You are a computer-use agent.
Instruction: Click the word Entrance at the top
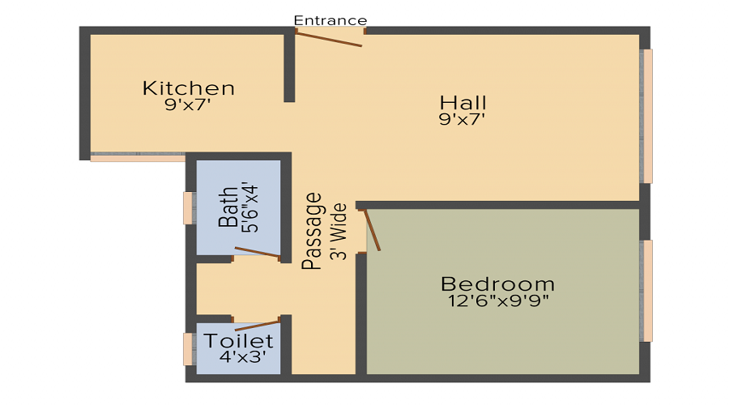tap(330, 20)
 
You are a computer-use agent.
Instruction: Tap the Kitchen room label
tap(189, 87)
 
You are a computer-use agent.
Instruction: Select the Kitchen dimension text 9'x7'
tap(188, 104)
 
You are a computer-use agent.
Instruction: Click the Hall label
tap(463, 103)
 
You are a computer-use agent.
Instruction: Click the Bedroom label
tap(497, 284)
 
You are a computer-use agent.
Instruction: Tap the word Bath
tap(229, 207)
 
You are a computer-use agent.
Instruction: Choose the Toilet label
tap(238, 341)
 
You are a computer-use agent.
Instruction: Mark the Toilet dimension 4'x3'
tap(242, 356)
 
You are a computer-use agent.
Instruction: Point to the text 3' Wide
tap(340, 231)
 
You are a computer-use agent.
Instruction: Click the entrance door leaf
tap(329, 38)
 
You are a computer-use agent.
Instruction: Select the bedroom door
tap(373, 230)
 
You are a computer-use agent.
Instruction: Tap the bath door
tap(258, 253)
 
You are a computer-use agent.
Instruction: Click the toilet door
tap(258, 325)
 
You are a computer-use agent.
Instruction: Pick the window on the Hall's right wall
tap(647, 116)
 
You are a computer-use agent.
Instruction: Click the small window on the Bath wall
tap(188, 207)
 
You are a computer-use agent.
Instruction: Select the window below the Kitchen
tap(138, 157)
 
